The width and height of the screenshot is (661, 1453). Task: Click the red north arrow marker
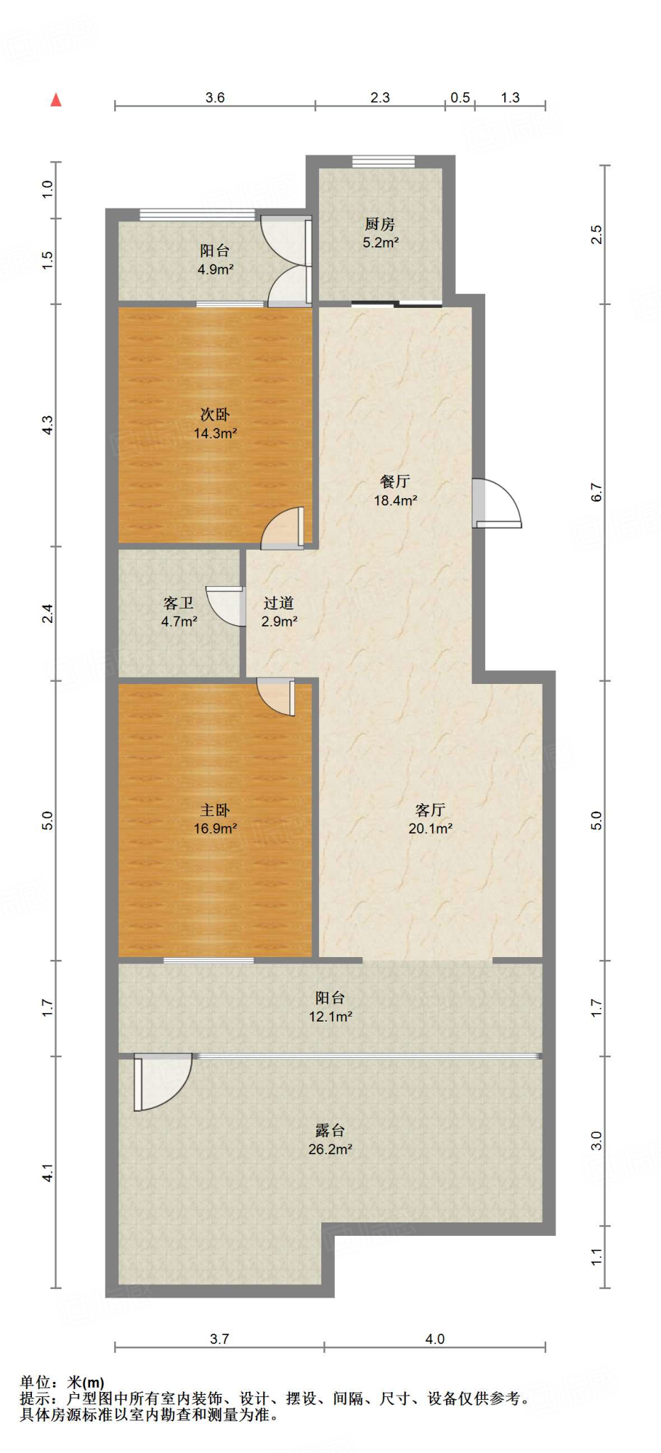click(56, 100)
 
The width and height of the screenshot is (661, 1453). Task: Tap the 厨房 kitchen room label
click(379, 224)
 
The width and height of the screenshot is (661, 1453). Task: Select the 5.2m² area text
click(381, 243)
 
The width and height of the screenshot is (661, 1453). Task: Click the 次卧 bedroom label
click(215, 414)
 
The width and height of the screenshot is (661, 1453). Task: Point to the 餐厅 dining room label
click(395, 482)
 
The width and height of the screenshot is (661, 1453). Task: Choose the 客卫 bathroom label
click(179, 603)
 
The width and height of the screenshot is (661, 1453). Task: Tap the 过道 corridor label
click(279, 603)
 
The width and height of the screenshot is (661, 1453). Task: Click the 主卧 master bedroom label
click(215, 810)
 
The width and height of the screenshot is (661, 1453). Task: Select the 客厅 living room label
click(430, 810)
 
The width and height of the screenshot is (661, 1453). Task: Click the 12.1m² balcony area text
click(330, 1017)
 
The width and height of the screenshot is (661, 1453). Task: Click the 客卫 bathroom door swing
click(226, 606)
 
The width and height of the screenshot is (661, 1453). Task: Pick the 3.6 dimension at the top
click(215, 98)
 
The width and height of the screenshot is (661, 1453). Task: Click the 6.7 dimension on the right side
click(596, 492)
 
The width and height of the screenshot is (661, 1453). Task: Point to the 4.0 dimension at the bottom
click(435, 1339)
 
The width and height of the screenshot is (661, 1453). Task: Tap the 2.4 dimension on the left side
click(47, 613)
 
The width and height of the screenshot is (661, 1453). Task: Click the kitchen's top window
click(384, 162)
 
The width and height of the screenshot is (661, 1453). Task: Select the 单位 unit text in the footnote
click(35, 1382)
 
